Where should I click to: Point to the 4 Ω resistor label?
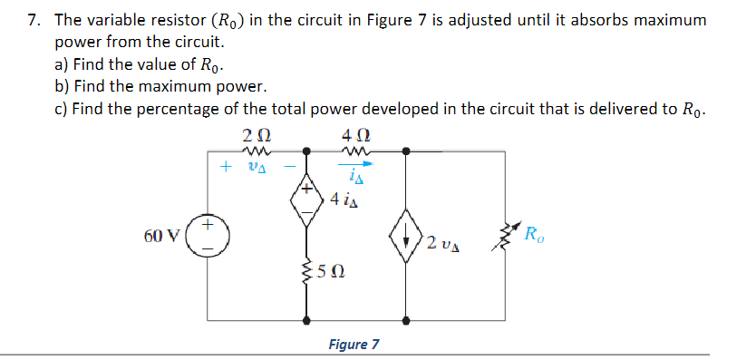pos(354,136)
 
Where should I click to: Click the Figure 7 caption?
pos(355,344)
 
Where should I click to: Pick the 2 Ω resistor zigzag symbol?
pos(253,151)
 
